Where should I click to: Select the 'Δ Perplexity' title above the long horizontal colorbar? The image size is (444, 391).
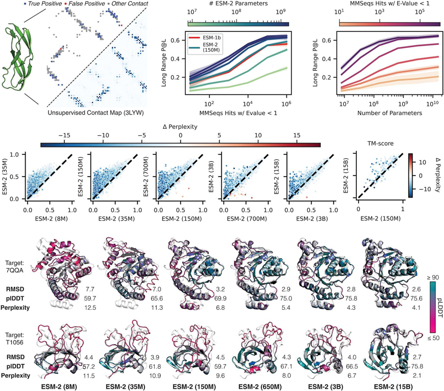pos(180,126)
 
